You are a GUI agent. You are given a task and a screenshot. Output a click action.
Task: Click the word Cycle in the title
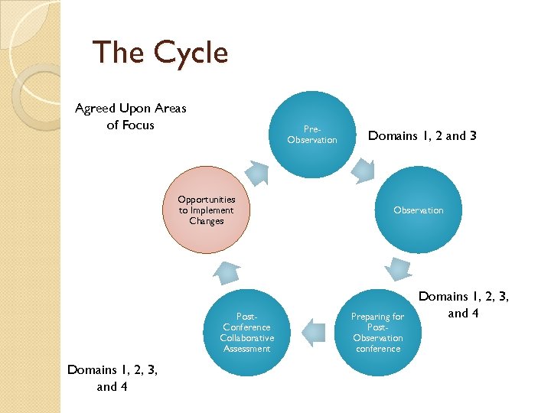point(191,53)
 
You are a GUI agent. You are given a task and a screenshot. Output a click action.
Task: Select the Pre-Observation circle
point(312,135)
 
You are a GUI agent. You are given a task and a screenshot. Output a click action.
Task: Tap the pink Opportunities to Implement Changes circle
point(207,210)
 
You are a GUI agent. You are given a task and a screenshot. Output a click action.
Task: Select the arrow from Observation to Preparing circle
point(399,268)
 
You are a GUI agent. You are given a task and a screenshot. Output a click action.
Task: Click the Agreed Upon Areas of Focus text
point(131,117)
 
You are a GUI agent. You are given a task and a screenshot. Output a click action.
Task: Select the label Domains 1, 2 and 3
point(422,135)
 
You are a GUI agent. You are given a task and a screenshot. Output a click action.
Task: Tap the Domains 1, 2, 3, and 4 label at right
point(465,304)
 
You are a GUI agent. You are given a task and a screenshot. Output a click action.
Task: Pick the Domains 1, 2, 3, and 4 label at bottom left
point(112,378)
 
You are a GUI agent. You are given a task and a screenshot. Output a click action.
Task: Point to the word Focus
point(131,125)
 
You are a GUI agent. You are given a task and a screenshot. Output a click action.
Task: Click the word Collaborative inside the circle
point(246,338)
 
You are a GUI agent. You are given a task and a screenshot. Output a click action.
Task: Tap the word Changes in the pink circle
point(207,221)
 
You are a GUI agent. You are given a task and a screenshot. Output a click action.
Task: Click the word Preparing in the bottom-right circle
point(377,317)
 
